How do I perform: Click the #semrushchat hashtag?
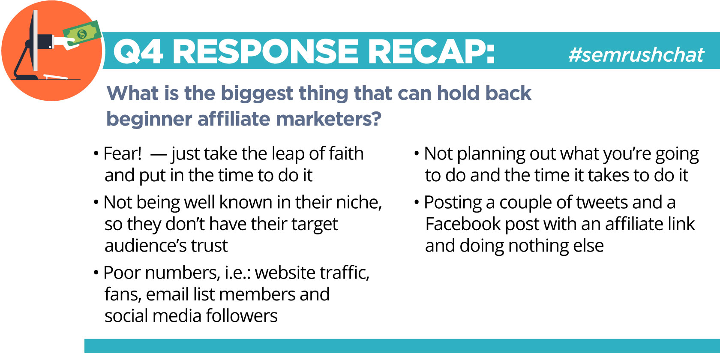tap(636, 55)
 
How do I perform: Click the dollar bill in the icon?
tap(82, 33)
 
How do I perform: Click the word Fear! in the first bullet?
tap(123, 153)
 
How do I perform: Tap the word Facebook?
tap(463, 224)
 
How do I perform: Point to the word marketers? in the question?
tap(328, 119)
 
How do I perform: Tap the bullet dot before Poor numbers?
tap(96, 273)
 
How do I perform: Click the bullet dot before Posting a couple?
tap(417, 202)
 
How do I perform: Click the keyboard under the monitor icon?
tap(56, 77)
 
